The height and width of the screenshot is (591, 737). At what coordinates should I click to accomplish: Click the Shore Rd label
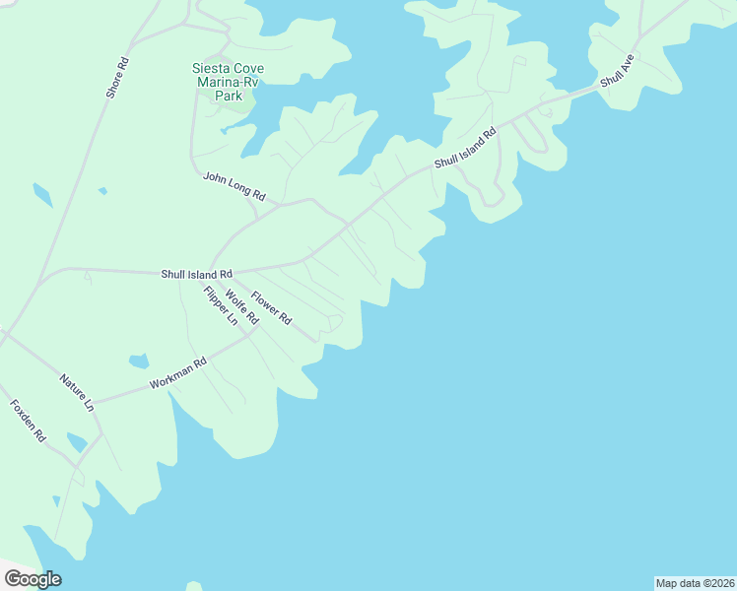[x=117, y=77]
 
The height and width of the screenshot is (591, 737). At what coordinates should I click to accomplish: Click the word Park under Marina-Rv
[x=228, y=96]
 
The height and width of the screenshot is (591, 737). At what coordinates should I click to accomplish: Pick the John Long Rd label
[x=234, y=186]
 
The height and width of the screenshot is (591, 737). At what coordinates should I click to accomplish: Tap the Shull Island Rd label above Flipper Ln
[x=197, y=274]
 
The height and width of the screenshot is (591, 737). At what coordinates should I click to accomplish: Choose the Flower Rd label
[x=271, y=308]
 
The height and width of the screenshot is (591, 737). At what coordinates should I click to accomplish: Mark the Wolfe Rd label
[x=240, y=307]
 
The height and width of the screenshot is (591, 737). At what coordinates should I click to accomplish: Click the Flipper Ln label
[x=221, y=305]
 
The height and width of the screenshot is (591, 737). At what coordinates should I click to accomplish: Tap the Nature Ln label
[x=76, y=391]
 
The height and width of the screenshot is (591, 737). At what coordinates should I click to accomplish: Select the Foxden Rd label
[x=28, y=420]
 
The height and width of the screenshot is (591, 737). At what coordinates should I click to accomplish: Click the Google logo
[x=33, y=579]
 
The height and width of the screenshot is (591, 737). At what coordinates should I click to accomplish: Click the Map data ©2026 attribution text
[x=695, y=582]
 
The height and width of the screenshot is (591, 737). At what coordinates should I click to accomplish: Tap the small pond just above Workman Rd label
[x=139, y=361]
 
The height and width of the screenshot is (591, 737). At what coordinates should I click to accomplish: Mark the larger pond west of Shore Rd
[x=41, y=195]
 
